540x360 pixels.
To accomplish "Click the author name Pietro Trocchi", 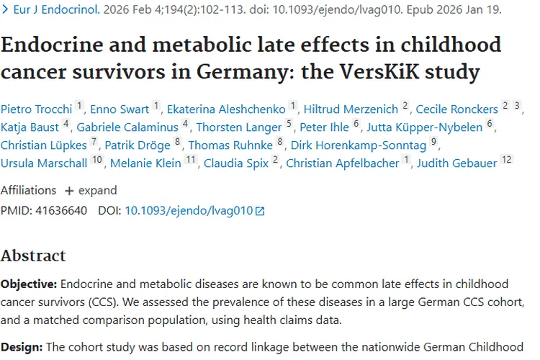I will (x=36, y=109).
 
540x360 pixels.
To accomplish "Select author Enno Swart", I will (x=120, y=109).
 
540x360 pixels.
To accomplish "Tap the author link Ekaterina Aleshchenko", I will (x=226, y=109).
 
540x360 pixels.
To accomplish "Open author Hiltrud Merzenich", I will (x=351, y=109).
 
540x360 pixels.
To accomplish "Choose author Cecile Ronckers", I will (x=457, y=109).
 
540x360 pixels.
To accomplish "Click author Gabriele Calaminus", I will (x=128, y=127).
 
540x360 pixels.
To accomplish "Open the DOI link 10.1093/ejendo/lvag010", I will (x=189, y=211).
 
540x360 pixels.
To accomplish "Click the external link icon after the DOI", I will (x=260, y=212).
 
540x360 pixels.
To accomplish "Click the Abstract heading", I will (x=33, y=256).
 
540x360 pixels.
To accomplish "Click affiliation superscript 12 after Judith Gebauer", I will (x=506, y=159).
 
